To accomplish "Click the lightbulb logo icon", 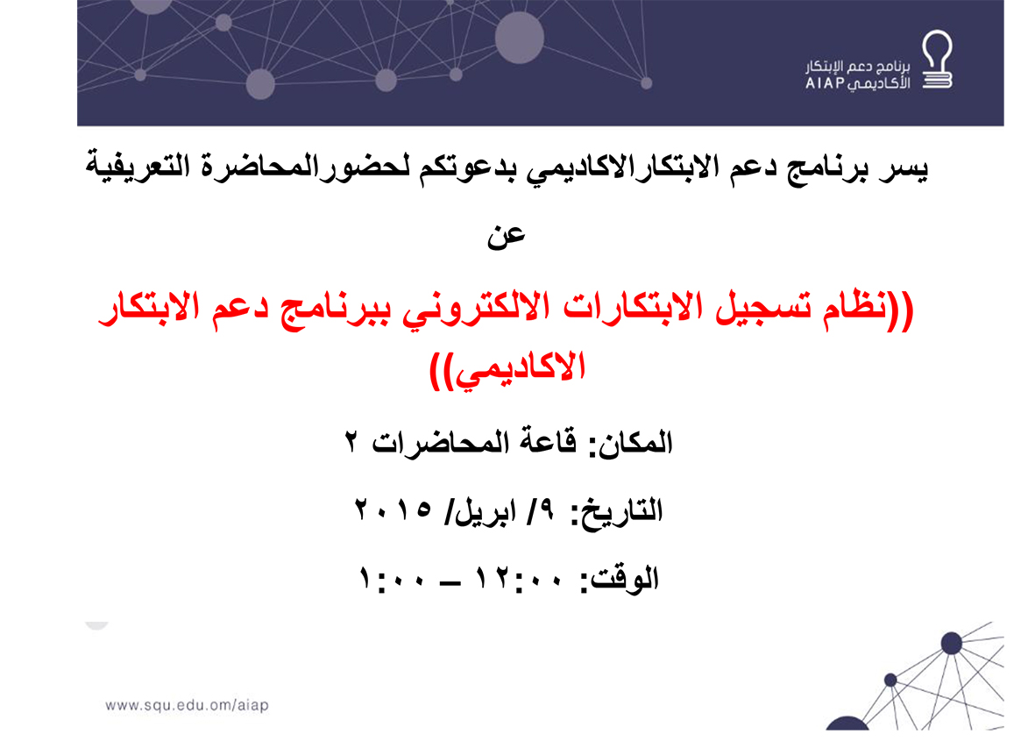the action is (937, 60).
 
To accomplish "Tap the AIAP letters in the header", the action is (825, 83).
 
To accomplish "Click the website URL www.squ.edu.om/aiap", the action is (187, 705).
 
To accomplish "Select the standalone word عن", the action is (506, 236).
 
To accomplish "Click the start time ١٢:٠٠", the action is (521, 579).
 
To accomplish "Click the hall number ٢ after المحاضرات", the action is (351, 441).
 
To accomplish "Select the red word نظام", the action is (855, 308).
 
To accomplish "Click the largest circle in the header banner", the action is (520, 38).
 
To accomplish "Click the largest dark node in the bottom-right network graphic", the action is (951, 643).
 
